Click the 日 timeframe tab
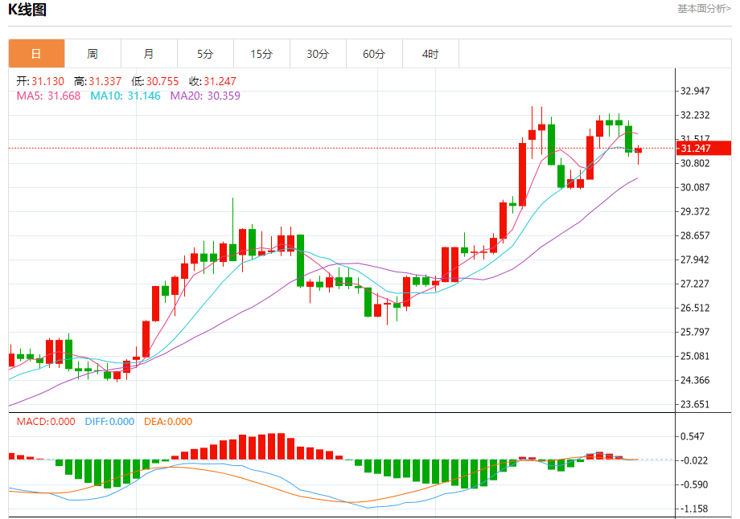pyautogui.click(x=36, y=54)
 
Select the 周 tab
pyautogui.click(x=92, y=54)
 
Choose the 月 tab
pyautogui.click(x=149, y=54)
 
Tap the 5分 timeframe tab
pyautogui.click(x=205, y=54)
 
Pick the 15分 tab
pyautogui.click(x=261, y=54)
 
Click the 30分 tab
pyautogui.click(x=318, y=54)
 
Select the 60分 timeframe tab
pyautogui.click(x=374, y=54)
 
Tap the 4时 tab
pyautogui.click(x=430, y=54)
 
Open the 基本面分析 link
pyautogui.click(x=704, y=9)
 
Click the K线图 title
pyautogui.click(x=27, y=10)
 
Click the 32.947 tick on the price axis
pyautogui.click(x=696, y=91)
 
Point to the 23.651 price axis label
pyautogui.click(x=696, y=404)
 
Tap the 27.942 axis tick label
pyautogui.click(x=696, y=259)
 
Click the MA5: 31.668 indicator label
pyautogui.click(x=48, y=96)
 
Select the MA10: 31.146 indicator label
pyautogui.click(x=125, y=96)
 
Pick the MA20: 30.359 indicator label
pyautogui.click(x=205, y=96)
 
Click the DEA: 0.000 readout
pyautogui.click(x=168, y=422)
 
